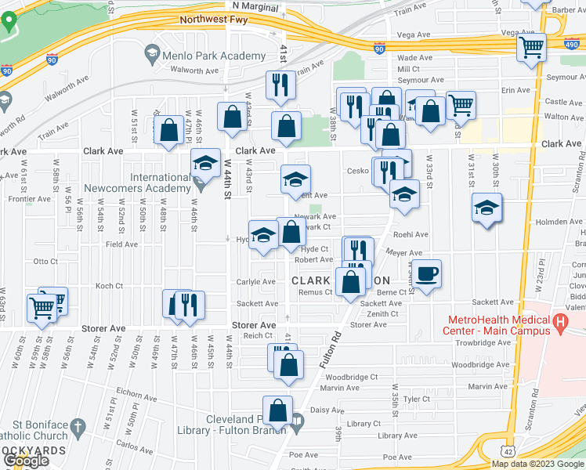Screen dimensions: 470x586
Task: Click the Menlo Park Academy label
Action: tap(215, 56)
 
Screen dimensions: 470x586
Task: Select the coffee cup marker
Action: tap(427, 275)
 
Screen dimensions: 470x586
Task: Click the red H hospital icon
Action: tap(559, 322)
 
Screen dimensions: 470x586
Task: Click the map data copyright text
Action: tap(537, 464)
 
